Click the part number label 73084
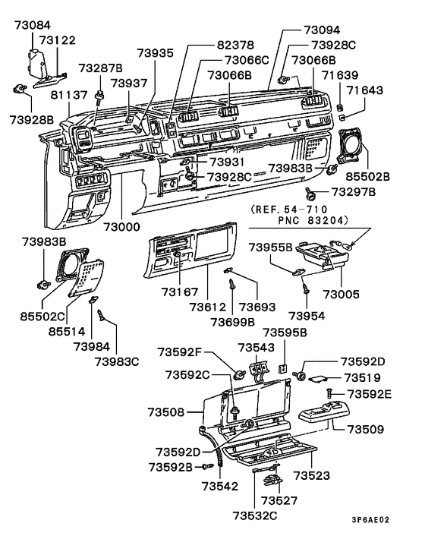[x=33, y=25]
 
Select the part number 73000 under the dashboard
[x=122, y=227]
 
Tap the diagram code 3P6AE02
[x=370, y=520]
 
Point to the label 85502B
[x=367, y=176]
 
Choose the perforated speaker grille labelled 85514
[x=86, y=278]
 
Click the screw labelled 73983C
[x=102, y=314]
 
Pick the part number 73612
[x=208, y=307]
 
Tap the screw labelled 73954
[x=305, y=286]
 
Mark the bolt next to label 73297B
[x=310, y=194]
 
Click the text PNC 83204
[x=313, y=220]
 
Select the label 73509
[x=366, y=429]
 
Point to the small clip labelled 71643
[x=342, y=118]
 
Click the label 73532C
[x=255, y=516]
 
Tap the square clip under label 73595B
[x=283, y=369]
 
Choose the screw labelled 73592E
[x=329, y=393]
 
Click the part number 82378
[x=236, y=45]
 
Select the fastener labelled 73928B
[x=20, y=89]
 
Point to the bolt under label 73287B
[x=100, y=96]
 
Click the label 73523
[x=312, y=475]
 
